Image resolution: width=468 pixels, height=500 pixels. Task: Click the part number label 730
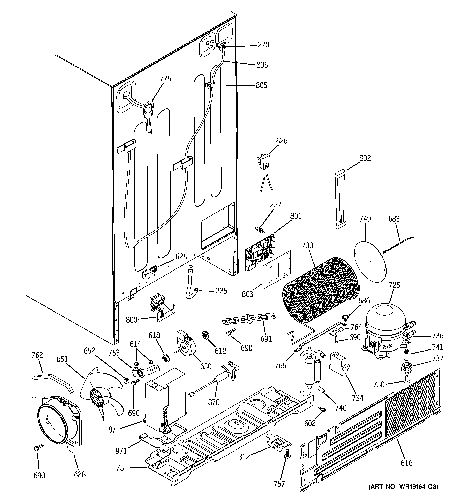(x=307, y=245)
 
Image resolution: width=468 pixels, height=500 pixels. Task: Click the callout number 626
(x=281, y=141)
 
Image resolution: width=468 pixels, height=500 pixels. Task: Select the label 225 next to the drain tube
(x=221, y=291)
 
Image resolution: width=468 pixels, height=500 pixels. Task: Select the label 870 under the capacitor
(x=214, y=402)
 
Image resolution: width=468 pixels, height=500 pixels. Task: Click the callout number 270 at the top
(x=263, y=45)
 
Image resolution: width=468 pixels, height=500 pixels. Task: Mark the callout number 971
(x=121, y=451)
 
